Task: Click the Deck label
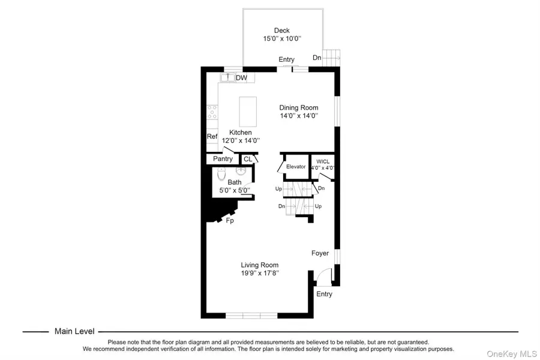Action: pyautogui.click(x=282, y=30)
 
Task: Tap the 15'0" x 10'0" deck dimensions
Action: pyautogui.click(x=282, y=38)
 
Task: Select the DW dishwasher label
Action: pyautogui.click(x=241, y=78)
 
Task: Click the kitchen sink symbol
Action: pyautogui.click(x=227, y=77)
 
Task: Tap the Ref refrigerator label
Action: pyautogui.click(x=212, y=137)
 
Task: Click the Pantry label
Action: pyautogui.click(x=223, y=159)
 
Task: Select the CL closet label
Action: pyautogui.click(x=247, y=159)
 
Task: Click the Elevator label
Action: pyautogui.click(x=296, y=166)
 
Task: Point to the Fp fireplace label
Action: pyautogui.click(x=229, y=221)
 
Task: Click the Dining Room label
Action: pyautogui.click(x=299, y=108)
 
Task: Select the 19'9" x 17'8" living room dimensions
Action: pyautogui.click(x=260, y=273)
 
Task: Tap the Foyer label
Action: pyautogui.click(x=320, y=253)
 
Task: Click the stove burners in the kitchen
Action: pyautogui.click(x=211, y=111)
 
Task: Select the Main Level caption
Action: pyautogui.click(x=74, y=331)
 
